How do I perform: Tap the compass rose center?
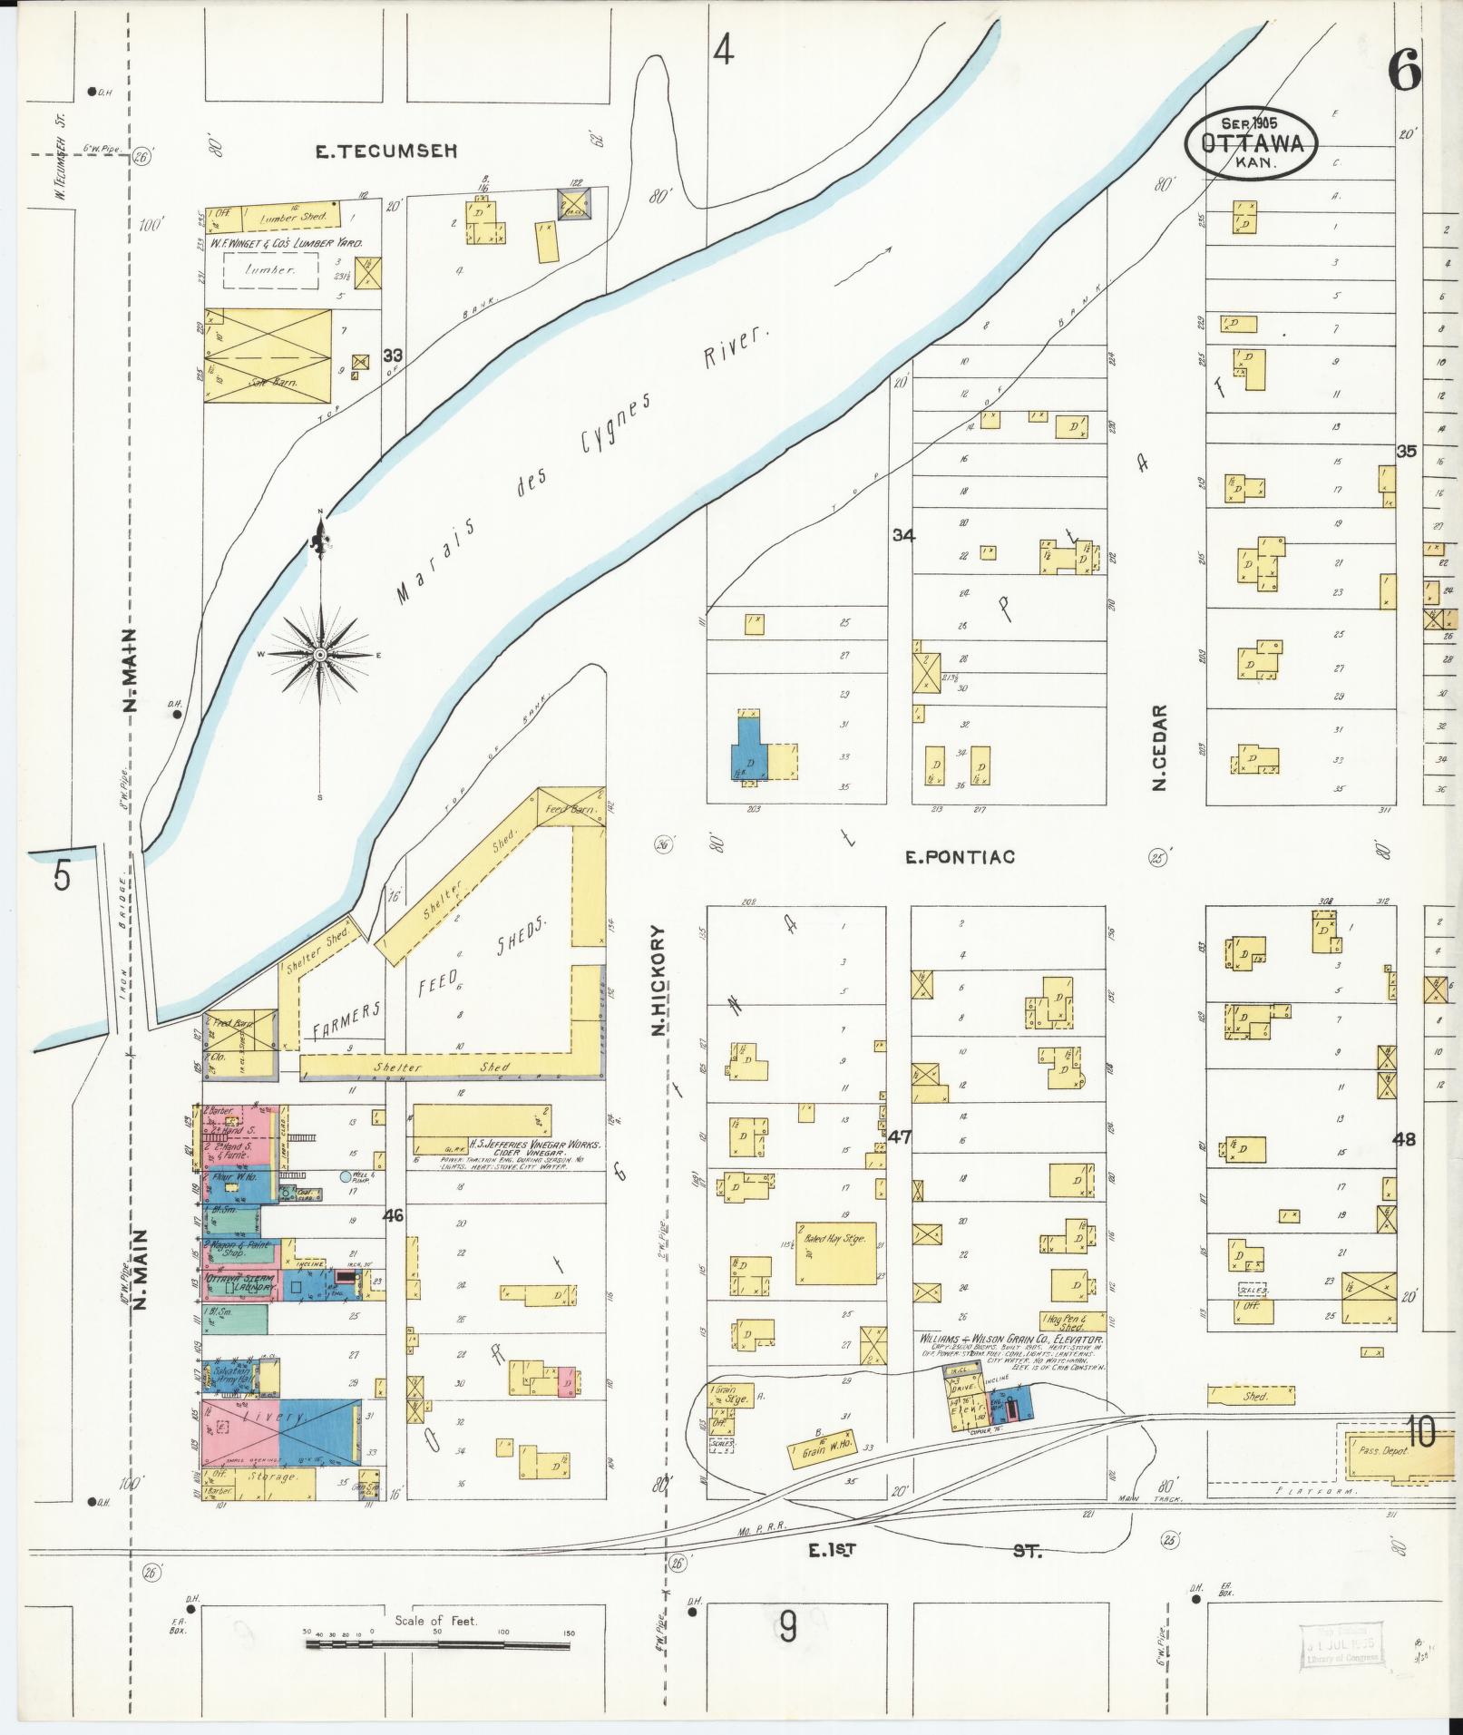[x=320, y=654]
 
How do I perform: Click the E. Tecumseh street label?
[x=360, y=152]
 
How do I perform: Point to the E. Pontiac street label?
[x=960, y=856]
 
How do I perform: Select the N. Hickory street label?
[x=659, y=980]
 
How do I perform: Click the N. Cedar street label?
[x=1158, y=748]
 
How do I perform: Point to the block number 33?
[x=393, y=355]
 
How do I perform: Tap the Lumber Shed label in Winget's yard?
[x=285, y=219]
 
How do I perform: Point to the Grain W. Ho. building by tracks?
[x=824, y=1453]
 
